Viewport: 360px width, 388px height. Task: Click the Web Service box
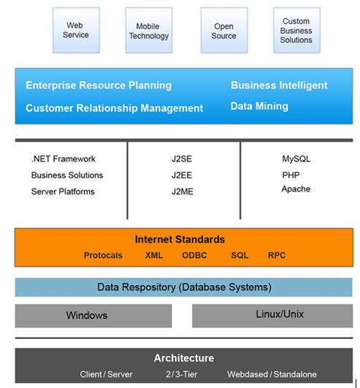(76, 30)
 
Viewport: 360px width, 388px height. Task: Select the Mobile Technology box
(149, 30)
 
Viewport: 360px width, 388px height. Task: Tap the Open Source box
(224, 30)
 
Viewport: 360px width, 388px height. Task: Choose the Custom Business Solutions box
(297, 30)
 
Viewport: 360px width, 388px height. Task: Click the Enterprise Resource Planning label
(99, 85)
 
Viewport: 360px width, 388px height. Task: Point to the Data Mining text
(259, 107)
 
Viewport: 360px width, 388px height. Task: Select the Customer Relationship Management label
(114, 108)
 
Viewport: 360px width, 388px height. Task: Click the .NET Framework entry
(64, 159)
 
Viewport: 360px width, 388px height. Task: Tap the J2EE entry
(182, 175)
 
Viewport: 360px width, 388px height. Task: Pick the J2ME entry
(183, 191)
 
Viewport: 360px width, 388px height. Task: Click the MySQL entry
(296, 159)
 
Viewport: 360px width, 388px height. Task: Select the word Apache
(296, 189)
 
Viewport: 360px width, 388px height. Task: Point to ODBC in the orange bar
(194, 255)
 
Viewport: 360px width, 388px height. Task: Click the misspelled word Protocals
(103, 255)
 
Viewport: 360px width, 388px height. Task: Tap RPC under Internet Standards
(277, 255)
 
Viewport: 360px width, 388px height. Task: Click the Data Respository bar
(184, 287)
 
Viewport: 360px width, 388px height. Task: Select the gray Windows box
(93, 316)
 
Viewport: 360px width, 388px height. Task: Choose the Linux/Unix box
(272, 316)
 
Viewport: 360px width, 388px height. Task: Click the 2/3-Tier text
(182, 374)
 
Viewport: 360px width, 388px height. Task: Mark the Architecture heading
(184, 358)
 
